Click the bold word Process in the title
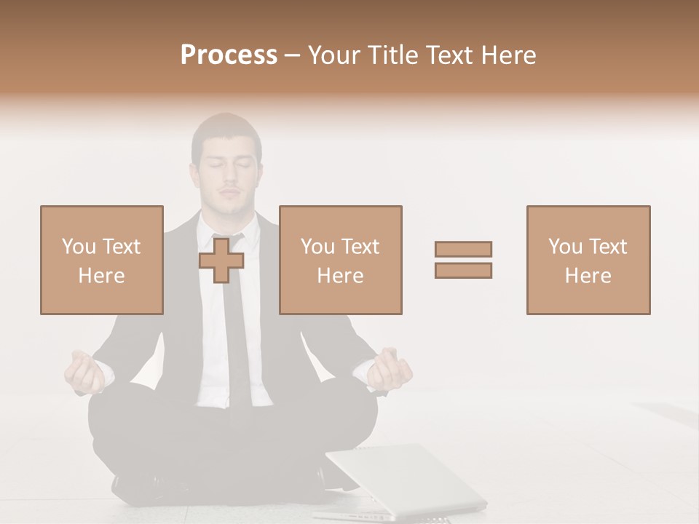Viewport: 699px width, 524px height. click(229, 55)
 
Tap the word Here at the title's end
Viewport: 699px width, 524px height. click(508, 55)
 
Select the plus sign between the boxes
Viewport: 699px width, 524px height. click(221, 260)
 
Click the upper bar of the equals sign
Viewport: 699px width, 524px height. click(463, 249)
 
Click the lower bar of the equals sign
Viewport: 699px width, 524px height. click(463, 270)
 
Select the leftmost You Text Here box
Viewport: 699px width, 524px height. click(101, 260)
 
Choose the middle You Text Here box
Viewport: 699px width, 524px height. click(340, 260)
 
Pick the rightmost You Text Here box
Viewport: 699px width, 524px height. click(588, 260)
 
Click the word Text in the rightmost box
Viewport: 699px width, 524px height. click(608, 247)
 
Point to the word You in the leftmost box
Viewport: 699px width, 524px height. click(79, 247)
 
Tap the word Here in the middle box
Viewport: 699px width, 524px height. click(340, 276)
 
